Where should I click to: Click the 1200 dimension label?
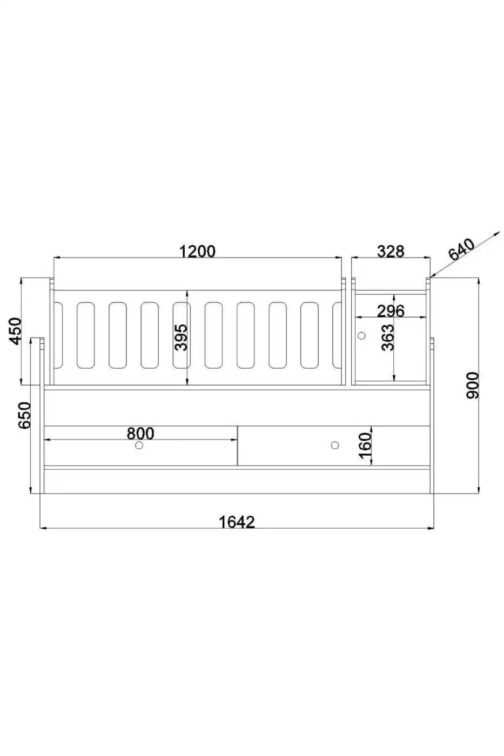coord(197,252)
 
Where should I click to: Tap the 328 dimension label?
coord(391,252)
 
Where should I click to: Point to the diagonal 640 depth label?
coord(461,249)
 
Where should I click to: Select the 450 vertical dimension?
coord(16,330)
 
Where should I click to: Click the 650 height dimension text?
coord(24,415)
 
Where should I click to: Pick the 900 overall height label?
coord(473,386)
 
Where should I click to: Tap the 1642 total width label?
coord(237,522)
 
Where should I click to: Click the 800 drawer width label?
coord(140,433)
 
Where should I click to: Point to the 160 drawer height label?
coord(365,446)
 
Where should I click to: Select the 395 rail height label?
coord(181,337)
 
